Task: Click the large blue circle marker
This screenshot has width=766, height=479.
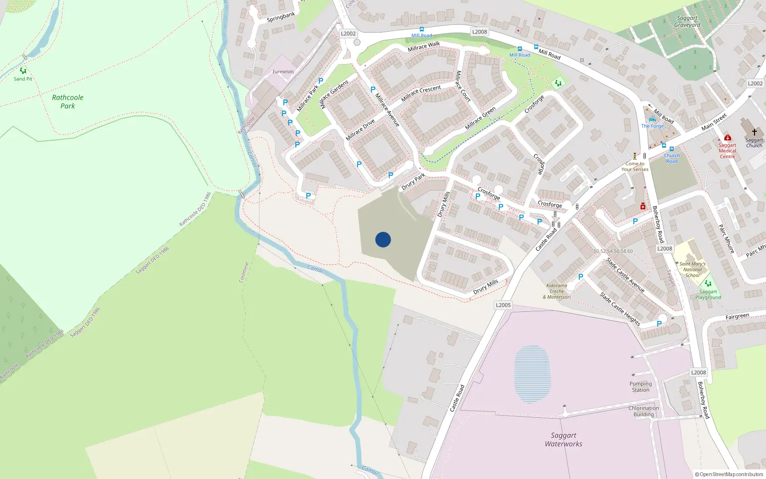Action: point(383,239)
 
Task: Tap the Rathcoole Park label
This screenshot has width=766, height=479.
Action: point(68,102)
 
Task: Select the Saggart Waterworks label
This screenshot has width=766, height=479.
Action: point(563,439)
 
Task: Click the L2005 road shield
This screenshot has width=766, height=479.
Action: point(503,305)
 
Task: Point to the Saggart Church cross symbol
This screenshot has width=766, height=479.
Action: point(754,132)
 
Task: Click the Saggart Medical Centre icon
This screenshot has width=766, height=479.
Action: point(727,138)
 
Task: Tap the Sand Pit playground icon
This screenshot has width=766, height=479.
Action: point(23,71)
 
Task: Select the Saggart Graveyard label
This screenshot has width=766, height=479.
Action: point(687,22)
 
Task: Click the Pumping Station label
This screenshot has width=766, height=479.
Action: point(641,387)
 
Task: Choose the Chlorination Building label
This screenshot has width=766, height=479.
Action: point(643,411)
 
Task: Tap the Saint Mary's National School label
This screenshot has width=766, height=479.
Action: point(692,269)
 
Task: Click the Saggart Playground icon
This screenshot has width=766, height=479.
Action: point(708,284)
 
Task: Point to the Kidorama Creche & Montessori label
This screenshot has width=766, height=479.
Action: point(557,291)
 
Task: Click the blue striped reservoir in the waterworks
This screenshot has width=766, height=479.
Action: point(532,374)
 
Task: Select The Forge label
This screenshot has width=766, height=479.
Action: point(653,126)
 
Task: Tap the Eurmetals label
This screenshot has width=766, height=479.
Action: point(283,72)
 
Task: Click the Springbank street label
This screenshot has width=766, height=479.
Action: point(281,17)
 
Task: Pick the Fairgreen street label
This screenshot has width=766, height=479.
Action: point(737,317)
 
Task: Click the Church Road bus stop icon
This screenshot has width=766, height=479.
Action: point(672,149)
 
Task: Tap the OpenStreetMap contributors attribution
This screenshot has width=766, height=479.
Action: point(729,474)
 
